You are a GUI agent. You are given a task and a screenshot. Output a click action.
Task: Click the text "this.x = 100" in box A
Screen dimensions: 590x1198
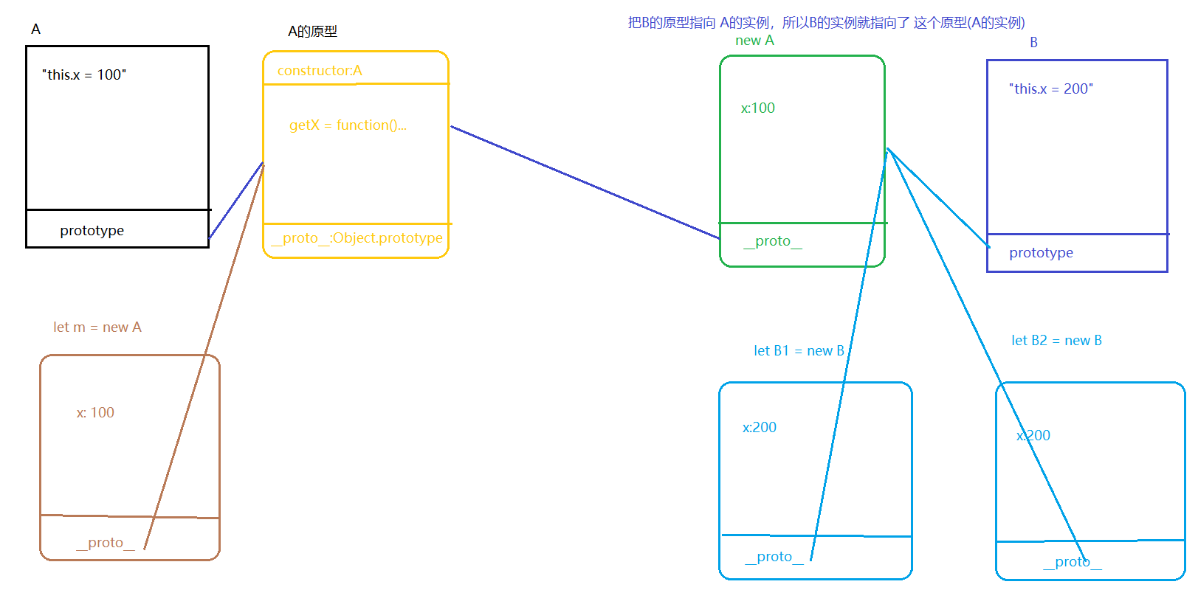coord(84,74)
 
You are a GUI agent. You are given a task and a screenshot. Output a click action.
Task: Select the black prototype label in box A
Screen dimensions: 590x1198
coord(92,230)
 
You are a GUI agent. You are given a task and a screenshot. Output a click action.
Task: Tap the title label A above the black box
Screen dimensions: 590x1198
coord(35,29)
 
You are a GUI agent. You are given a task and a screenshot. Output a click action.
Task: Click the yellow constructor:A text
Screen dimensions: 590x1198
coord(320,70)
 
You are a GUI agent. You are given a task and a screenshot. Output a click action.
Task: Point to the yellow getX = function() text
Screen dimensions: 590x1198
coord(348,125)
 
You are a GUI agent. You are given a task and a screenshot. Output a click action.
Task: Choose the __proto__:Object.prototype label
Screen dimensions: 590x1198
coord(357,237)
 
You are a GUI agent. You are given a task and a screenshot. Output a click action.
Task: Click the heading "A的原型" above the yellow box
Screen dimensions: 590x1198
coord(312,31)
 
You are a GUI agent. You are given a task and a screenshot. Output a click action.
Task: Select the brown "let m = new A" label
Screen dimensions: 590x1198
coord(97,327)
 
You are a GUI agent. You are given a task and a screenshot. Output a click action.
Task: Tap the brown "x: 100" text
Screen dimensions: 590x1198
coord(95,412)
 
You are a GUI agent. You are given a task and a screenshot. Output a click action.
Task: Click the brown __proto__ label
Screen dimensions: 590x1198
coord(105,543)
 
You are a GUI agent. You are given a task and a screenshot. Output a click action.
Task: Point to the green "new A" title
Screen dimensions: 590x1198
coord(754,41)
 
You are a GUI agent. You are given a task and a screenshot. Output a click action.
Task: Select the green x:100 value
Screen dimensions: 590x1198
coord(757,108)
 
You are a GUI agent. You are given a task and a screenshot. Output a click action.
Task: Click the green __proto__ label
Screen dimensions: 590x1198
coord(772,241)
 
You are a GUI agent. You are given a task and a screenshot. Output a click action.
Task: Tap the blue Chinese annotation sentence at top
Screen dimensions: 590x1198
coord(826,22)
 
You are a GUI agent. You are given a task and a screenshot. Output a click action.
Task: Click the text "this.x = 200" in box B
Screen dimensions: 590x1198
coord(1050,88)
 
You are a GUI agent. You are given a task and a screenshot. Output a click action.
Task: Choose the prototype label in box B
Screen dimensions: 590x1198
coord(1041,252)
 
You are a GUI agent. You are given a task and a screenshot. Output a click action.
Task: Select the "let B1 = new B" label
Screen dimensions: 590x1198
coord(799,350)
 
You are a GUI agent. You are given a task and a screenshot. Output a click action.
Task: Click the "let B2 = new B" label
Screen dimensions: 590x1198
coord(1056,340)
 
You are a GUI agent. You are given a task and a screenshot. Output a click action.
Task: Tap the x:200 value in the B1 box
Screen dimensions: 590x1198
coord(759,427)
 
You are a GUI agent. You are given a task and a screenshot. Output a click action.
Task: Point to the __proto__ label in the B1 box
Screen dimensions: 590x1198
coord(774,557)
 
